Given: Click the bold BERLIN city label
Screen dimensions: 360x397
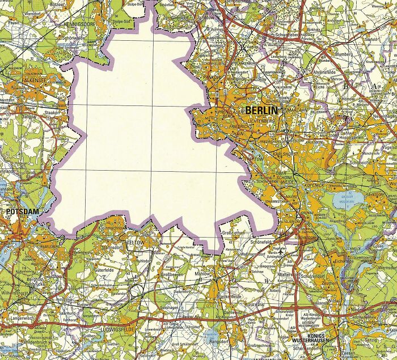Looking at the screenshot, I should click(261, 110).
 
